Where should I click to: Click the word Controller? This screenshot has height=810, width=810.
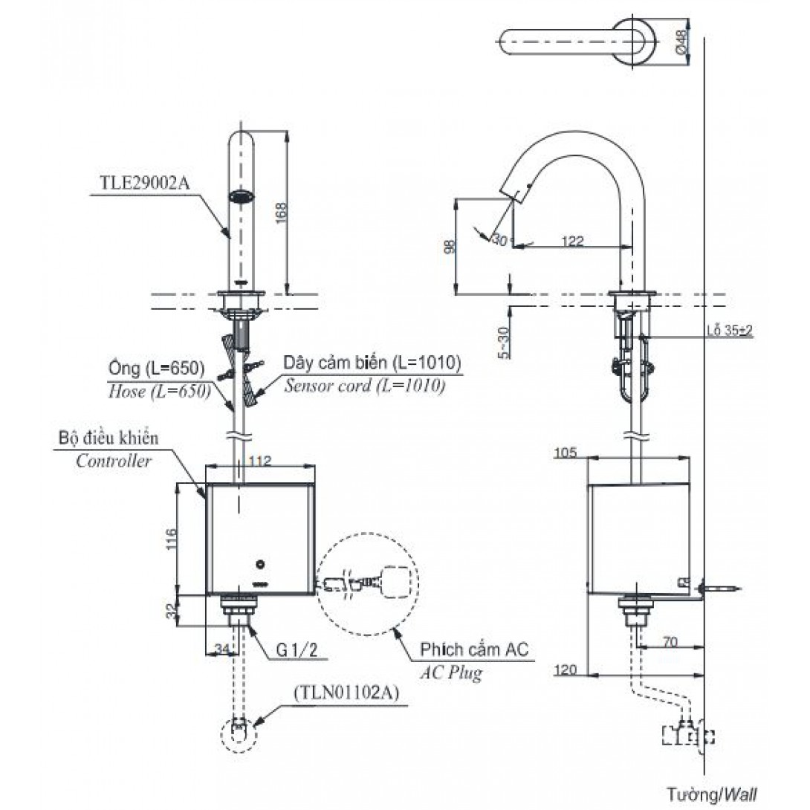click(x=114, y=460)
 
